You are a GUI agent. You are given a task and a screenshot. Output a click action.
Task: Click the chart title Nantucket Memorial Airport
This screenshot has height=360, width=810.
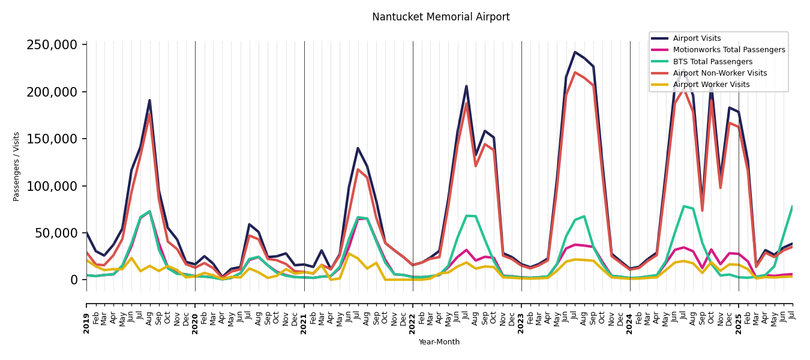(x=440, y=17)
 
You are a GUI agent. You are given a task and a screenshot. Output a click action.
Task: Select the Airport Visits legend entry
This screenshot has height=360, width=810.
(x=697, y=38)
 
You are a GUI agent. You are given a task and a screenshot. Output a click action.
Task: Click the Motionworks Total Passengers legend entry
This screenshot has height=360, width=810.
(x=728, y=50)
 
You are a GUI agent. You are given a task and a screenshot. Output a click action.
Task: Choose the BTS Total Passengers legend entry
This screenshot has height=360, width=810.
(x=712, y=62)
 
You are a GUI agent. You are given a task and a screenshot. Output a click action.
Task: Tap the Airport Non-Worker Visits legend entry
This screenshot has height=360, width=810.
(x=719, y=73)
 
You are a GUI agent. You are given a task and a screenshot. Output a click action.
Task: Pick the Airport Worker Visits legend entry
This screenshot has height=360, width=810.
(x=711, y=85)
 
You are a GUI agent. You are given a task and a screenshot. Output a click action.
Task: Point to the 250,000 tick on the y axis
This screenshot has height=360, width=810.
(x=52, y=45)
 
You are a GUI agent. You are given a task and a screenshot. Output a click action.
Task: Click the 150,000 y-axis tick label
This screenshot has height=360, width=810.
(x=52, y=139)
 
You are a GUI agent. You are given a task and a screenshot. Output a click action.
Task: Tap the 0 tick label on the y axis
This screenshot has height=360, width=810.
(x=74, y=280)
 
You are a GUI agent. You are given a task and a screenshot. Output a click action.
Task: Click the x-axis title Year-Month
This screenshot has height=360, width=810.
(x=439, y=342)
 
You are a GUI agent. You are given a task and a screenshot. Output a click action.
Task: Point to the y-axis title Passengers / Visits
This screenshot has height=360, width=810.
(x=17, y=166)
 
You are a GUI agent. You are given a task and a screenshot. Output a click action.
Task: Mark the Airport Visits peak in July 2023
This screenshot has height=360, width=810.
(x=575, y=52)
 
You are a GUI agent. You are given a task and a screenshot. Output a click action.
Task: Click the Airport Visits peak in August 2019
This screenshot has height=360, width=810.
(x=149, y=100)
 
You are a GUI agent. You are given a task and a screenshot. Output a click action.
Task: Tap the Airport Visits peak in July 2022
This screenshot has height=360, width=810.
(x=466, y=86)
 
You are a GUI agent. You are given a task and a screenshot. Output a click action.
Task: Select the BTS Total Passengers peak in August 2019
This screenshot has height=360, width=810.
(x=149, y=211)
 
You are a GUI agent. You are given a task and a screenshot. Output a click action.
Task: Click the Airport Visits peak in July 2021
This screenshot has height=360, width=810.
(x=358, y=148)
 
